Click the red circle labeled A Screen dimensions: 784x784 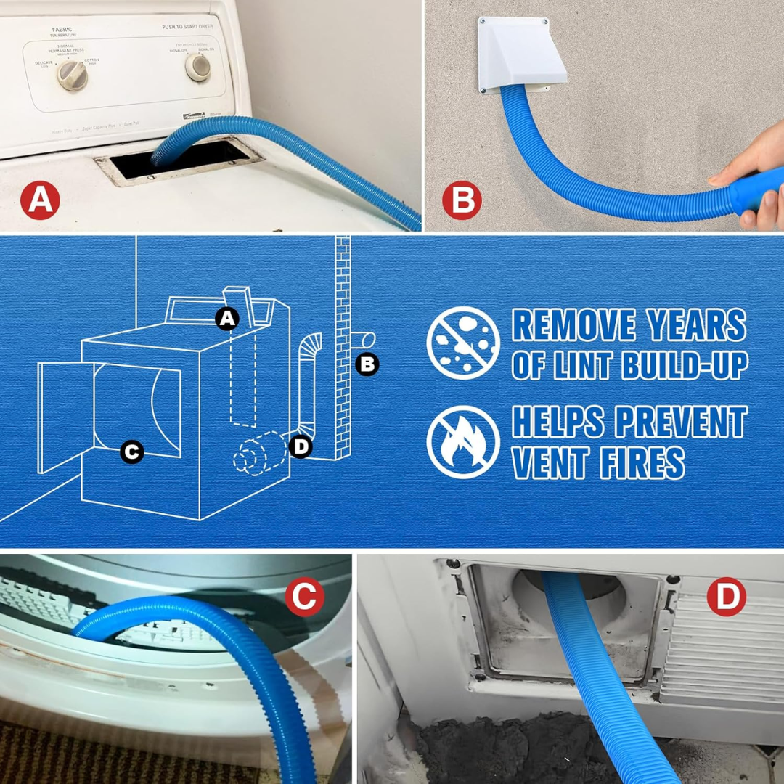(x=40, y=200)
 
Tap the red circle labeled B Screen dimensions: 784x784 (x=462, y=200)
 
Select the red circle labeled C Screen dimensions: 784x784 (x=304, y=597)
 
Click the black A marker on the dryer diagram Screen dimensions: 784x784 (x=227, y=318)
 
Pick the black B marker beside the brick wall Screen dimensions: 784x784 (x=367, y=363)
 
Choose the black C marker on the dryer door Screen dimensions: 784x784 (x=131, y=452)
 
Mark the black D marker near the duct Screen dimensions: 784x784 (x=301, y=446)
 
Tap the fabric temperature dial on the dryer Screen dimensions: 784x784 (x=73, y=75)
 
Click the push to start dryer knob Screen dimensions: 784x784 (x=197, y=67)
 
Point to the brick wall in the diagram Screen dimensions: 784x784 (x=343, y=348)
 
